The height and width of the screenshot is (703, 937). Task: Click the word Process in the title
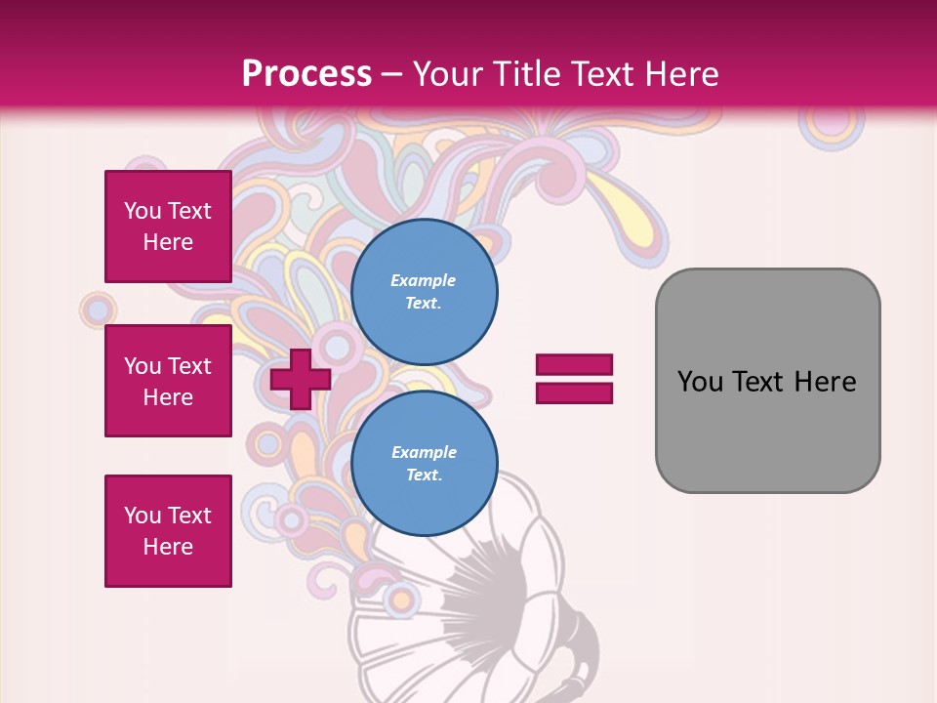306,73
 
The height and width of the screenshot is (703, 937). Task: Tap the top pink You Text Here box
168,227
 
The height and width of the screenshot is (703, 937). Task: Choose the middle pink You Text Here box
168,381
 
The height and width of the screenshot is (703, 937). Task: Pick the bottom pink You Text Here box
168,531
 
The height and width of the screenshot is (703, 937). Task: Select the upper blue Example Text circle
424,291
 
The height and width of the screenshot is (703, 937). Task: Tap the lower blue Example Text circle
424,464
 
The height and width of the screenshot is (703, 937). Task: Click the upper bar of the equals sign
574,365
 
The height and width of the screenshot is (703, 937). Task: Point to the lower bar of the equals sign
574,393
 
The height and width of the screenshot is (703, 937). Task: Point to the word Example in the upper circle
424,280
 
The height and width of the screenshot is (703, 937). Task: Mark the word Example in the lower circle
424,452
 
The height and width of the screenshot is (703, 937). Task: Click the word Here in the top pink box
168,242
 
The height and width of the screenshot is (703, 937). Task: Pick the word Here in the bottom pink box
168,547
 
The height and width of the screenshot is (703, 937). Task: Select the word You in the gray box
700,382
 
